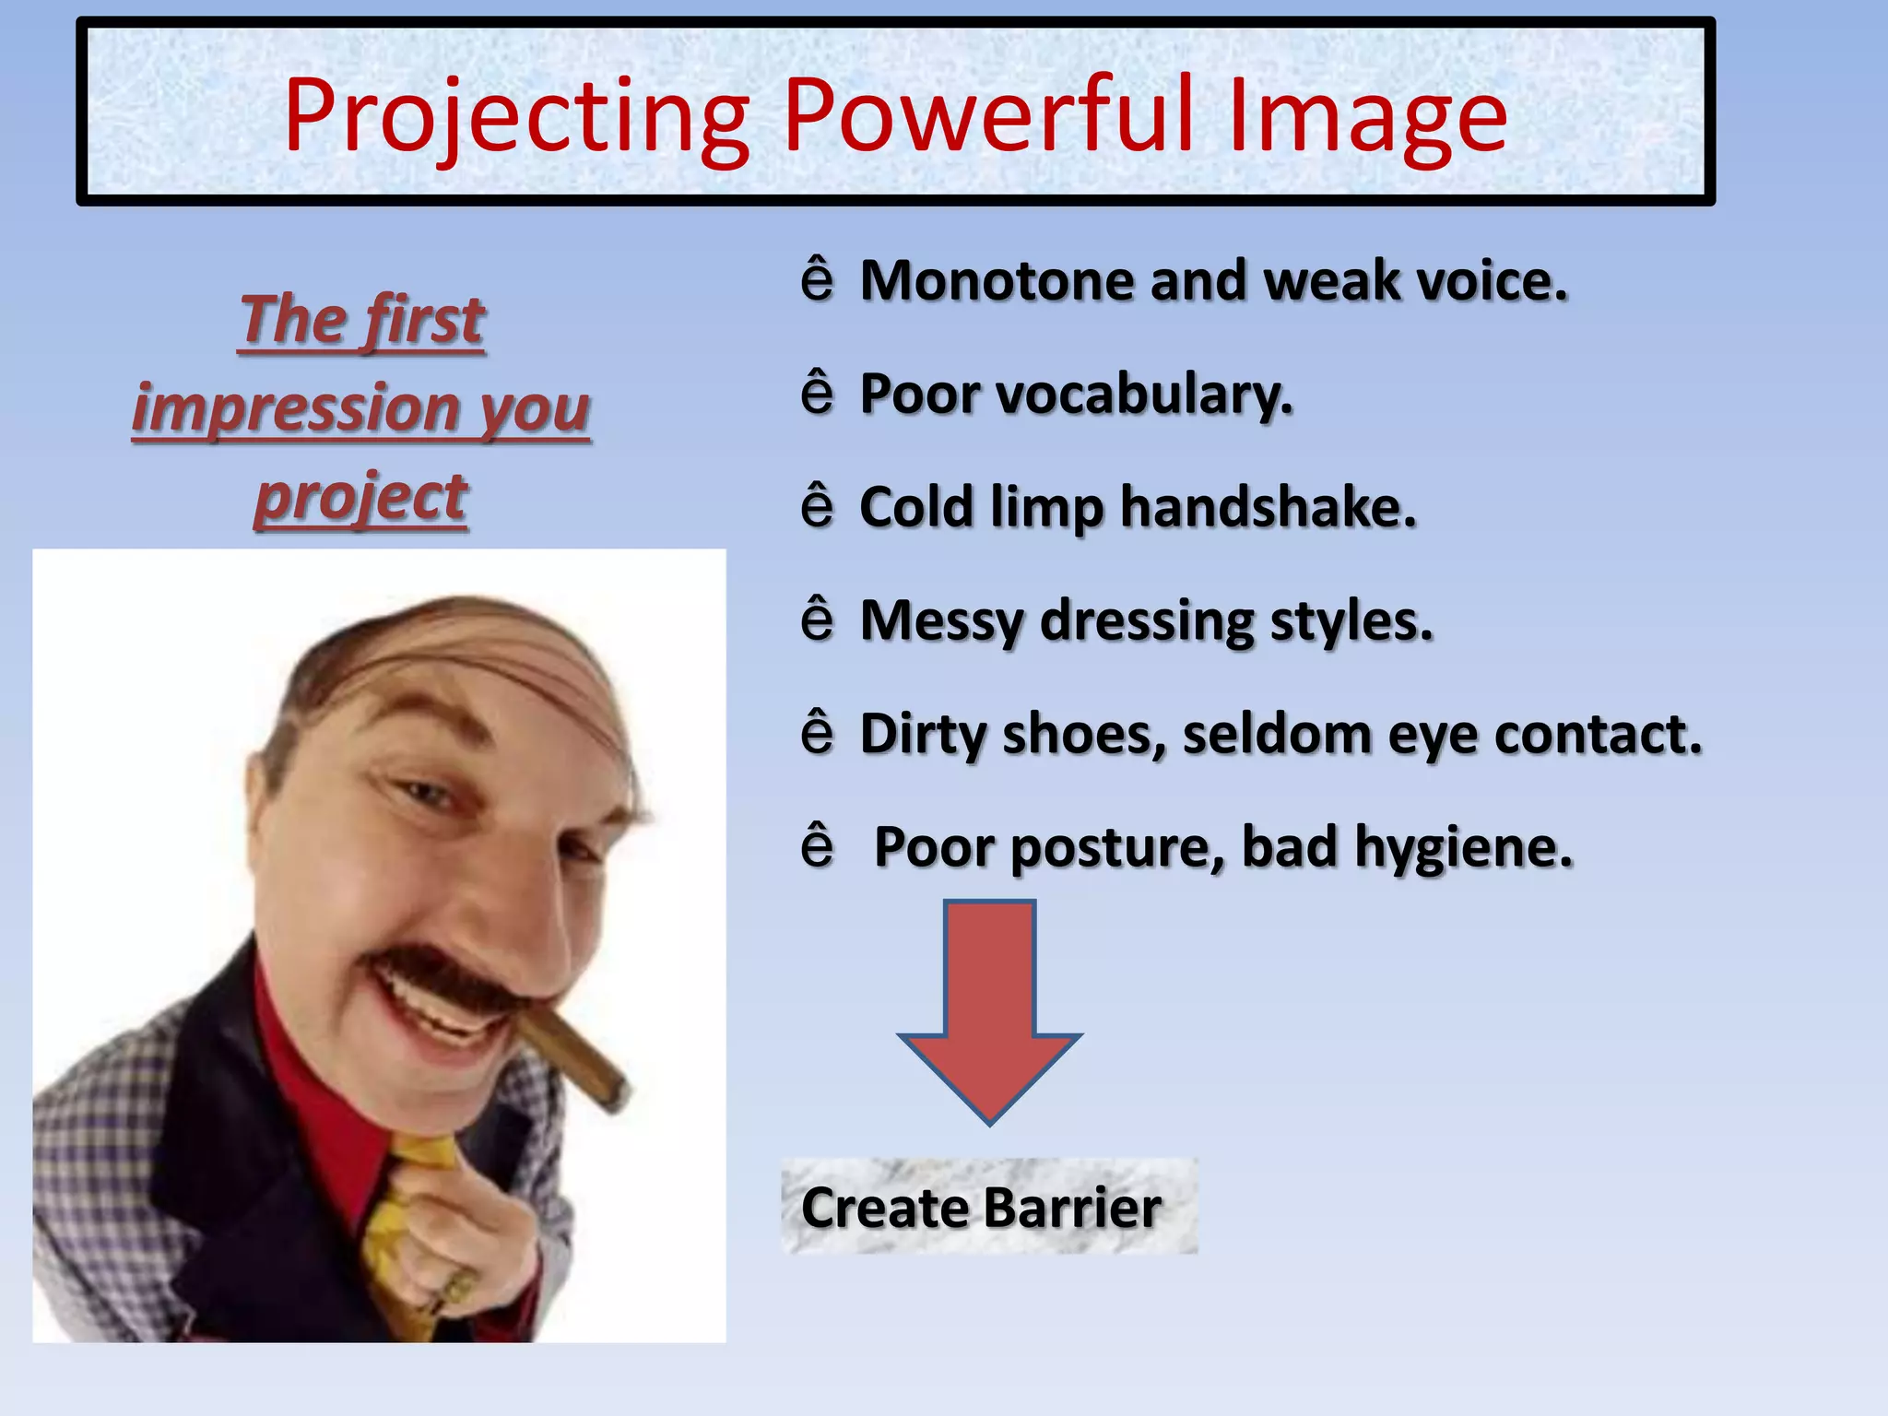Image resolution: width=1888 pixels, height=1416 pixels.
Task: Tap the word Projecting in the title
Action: pyautogui.click(x=516, y=118)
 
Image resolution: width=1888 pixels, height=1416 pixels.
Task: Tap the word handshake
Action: pyautogui.click(x=1268, y=507)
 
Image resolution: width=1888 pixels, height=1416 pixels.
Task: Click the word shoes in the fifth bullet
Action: pyautogui.click(x=1083, y=735)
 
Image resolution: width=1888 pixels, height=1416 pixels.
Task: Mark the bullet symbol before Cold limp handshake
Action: pyautogui.click(x=817, y=506)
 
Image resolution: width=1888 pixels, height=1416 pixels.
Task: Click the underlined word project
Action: pyautogui.click(x=361, y=498)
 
